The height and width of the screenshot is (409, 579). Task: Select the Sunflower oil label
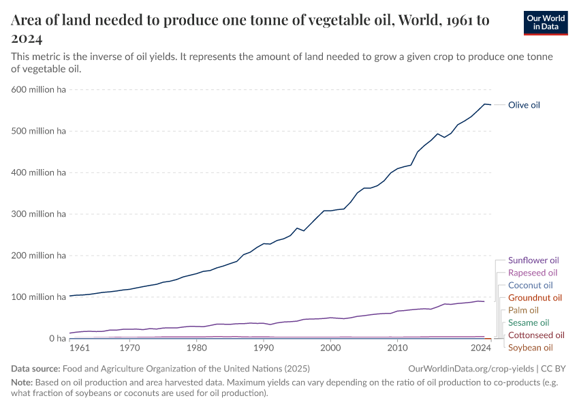click(x=533, y=260)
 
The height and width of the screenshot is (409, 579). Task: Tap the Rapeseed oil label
click(x=533, y=273)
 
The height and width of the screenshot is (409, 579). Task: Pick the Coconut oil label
click(x=531, y=285)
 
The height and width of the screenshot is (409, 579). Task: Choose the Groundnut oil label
click(x=535, y=298)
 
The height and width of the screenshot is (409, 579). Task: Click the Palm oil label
click(x=523, y=310)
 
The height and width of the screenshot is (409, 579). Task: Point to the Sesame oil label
click(x=529, y=322)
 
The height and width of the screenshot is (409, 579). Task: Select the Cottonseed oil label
click(x=536, y=335)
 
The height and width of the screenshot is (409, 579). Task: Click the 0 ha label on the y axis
click(x=56, y=339)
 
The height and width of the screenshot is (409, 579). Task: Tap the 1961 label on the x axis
click(x=80, y=348)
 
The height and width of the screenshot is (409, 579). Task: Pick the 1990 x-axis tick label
click(x=264, y=348)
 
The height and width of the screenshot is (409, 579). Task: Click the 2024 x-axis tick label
click(x=481, y=348)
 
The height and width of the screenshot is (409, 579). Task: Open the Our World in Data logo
click(x=545, y=22)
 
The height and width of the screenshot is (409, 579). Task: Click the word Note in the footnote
click(x=22, y=382)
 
